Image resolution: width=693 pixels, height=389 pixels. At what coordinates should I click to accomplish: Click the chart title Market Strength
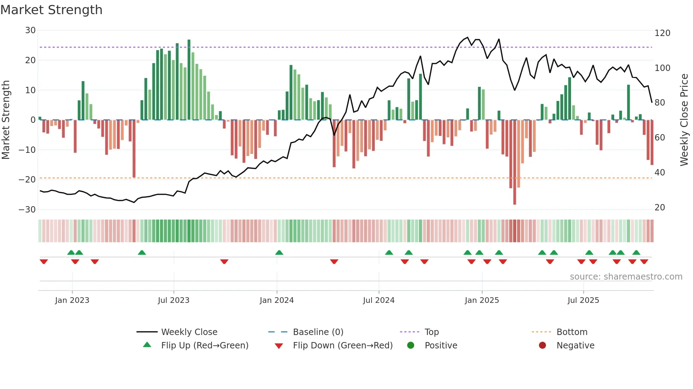tap(51, 10)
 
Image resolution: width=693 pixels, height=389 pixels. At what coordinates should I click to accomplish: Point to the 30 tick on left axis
tap(30, 30)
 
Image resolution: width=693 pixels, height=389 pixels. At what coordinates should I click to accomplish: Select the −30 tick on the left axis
tap(27, 209)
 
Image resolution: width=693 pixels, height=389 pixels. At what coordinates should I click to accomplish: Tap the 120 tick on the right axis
tap(662, 33)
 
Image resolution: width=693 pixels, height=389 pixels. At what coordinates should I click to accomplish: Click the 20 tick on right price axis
tap(660, 208)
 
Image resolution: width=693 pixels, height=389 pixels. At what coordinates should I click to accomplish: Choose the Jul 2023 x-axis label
tap(174, 300)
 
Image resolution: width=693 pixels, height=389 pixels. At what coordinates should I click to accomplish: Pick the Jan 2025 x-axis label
tap(482, 300)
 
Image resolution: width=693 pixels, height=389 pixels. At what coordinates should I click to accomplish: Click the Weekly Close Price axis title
tap(684, 120)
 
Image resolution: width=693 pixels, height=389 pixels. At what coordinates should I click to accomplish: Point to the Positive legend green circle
tap(410, 345)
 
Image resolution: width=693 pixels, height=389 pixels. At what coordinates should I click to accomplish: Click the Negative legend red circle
tap(542, 345)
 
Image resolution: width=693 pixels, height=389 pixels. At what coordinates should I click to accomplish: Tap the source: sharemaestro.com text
tap(626, 277)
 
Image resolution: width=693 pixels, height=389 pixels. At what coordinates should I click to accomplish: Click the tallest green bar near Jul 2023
tap(189, 79)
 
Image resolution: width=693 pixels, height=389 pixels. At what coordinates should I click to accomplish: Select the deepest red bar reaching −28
tap(514, 162)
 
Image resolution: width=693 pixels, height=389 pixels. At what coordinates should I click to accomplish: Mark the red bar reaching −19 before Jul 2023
tap(134, 148)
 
